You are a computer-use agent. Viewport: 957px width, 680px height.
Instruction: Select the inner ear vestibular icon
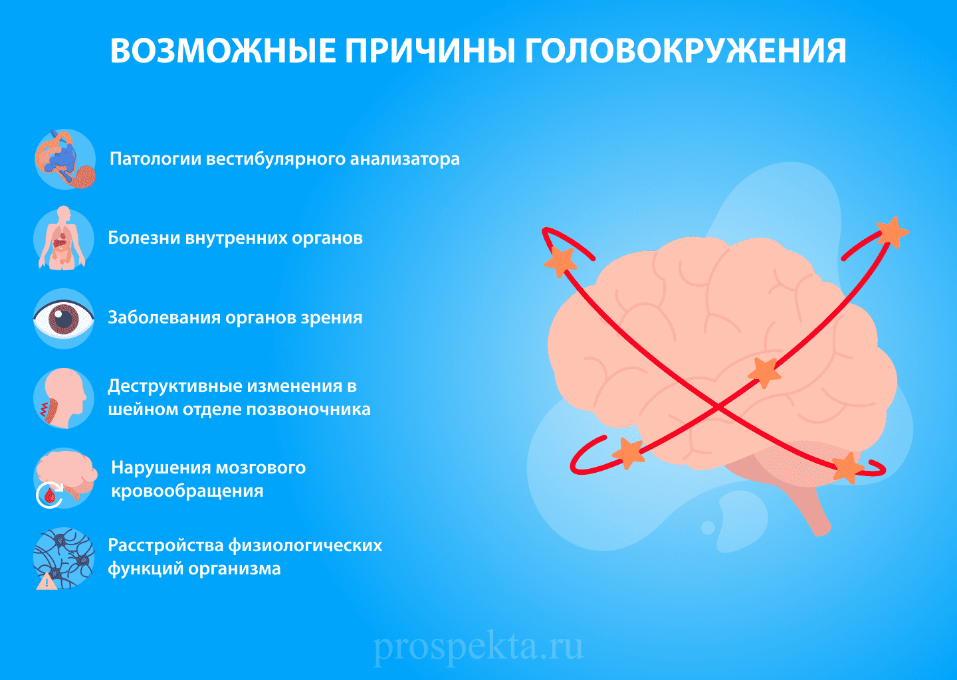[65, 159]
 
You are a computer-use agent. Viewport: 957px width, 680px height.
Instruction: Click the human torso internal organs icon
[63, 238]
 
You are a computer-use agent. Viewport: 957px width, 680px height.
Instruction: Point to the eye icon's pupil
[63, 318]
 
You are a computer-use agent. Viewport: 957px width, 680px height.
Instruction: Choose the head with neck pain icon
[64, 398]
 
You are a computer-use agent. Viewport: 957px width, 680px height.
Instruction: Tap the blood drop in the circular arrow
[50, 495]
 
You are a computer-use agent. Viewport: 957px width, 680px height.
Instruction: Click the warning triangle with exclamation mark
[46, 582]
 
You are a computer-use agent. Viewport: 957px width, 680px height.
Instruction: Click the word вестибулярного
[276, 159]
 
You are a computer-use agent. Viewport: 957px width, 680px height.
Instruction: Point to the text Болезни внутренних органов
[235, 238]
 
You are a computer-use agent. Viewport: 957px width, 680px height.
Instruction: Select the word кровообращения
[187, 491]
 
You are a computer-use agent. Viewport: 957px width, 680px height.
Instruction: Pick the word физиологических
[305, 546]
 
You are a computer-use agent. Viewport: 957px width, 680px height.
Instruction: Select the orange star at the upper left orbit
[560, 262]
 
